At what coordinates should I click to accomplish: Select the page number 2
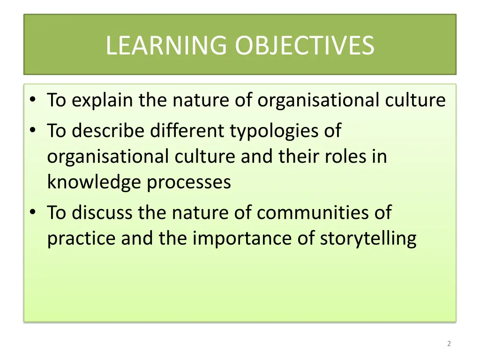click(449, 344)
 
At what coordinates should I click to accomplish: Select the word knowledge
click(95, 182)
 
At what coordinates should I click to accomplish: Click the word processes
click(189, 182)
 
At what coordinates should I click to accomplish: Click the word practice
click(82, 239)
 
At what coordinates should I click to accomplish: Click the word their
click(295, 156)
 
